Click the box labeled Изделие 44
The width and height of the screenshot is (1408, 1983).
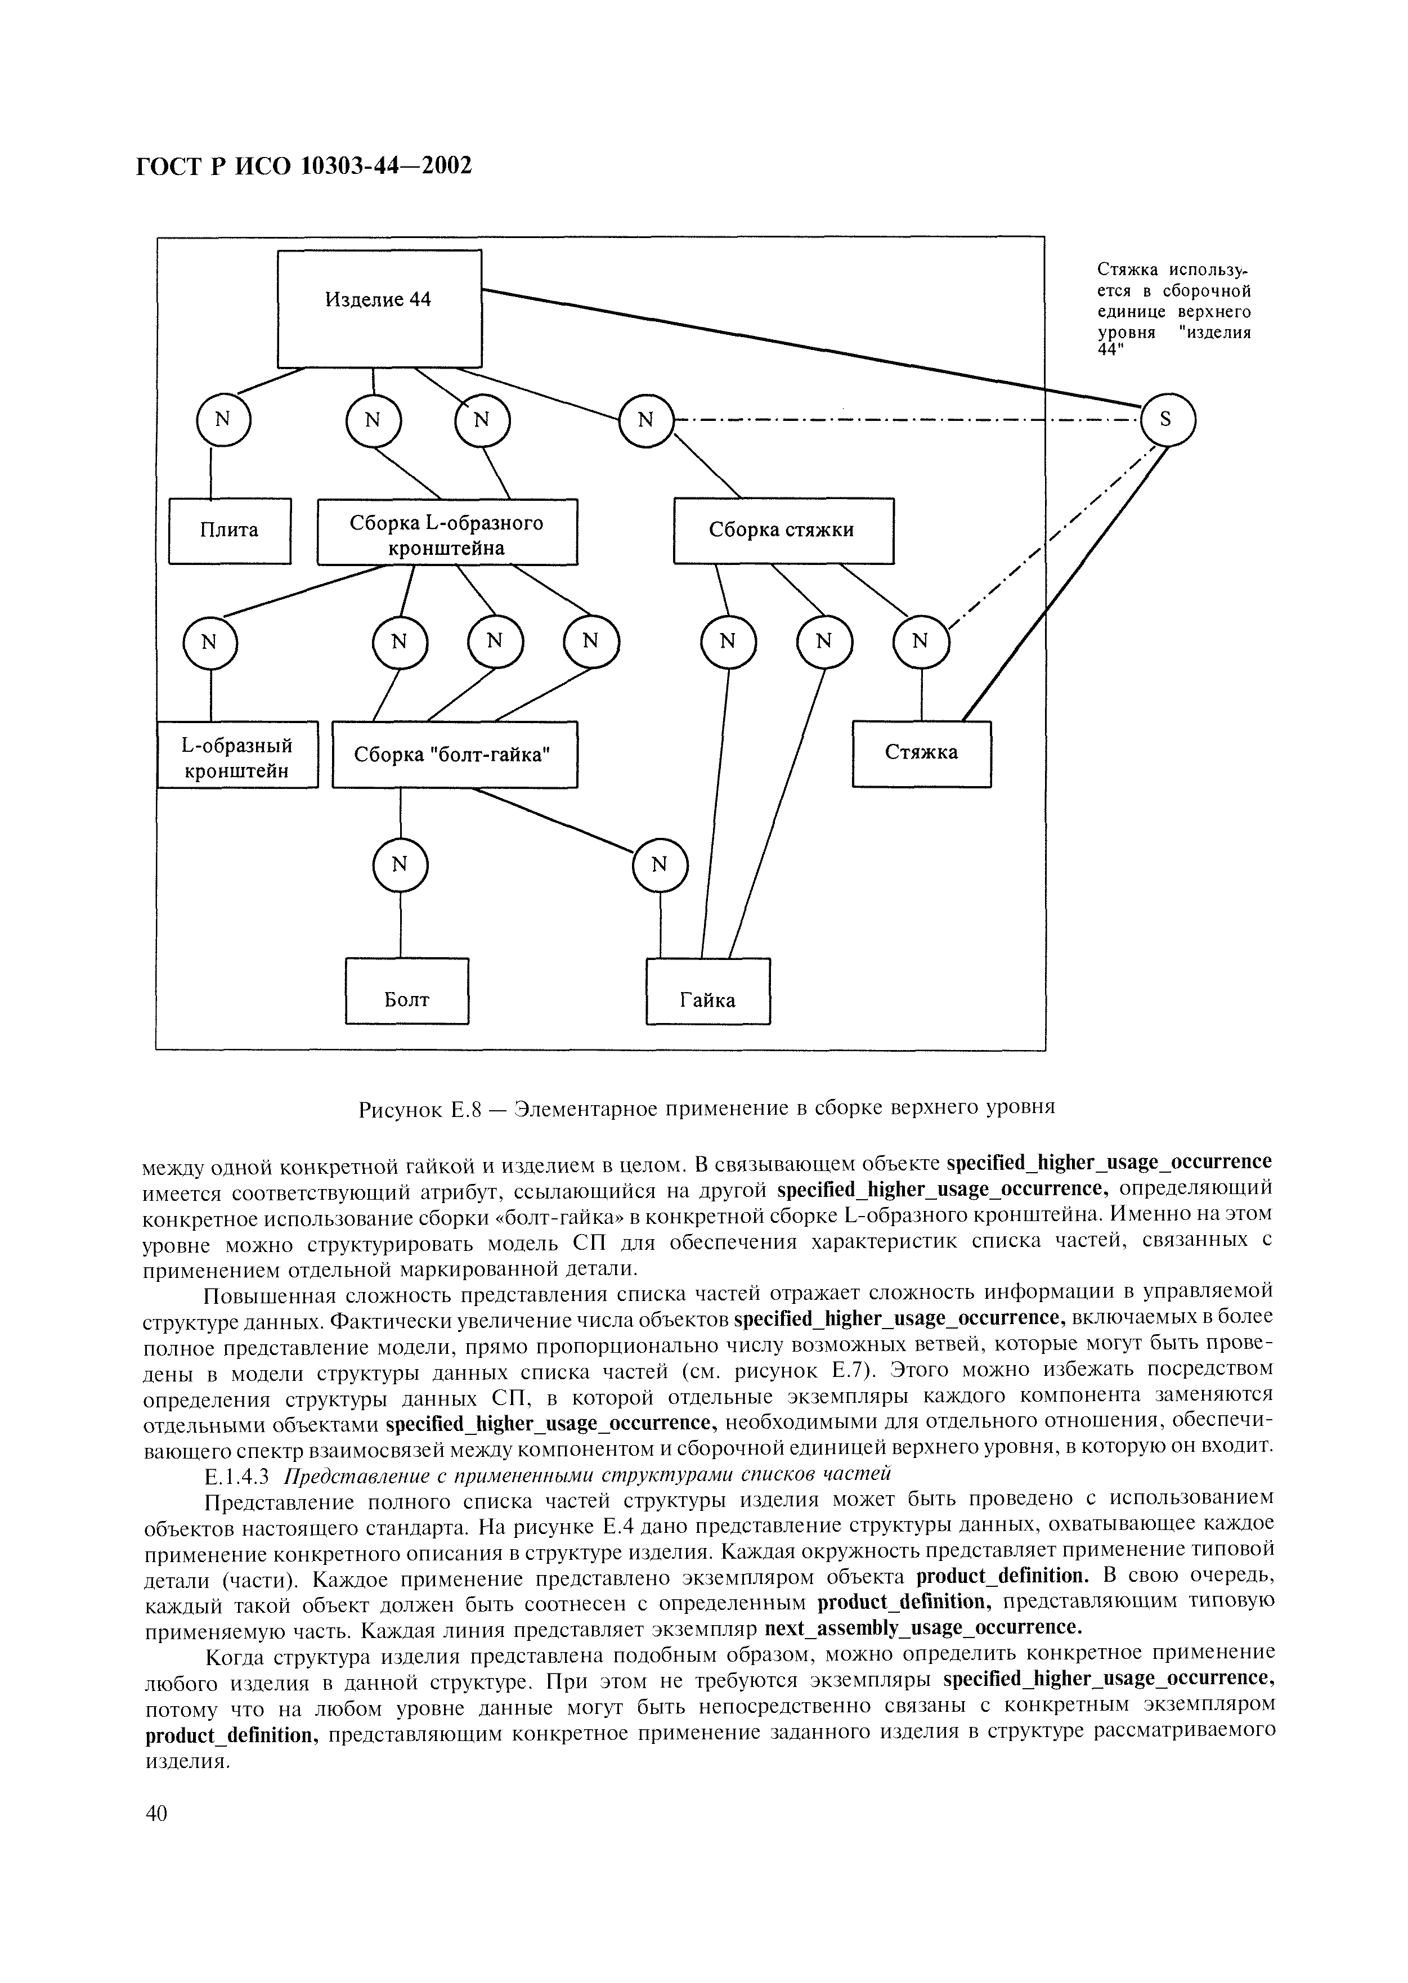click(x=379, y=308)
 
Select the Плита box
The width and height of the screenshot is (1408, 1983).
click(x=229, y=531)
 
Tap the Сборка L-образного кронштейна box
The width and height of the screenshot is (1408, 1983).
click(x=446, y=531)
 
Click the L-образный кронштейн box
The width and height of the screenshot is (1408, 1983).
click(x=237, y=754)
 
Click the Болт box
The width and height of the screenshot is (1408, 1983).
click(x=407, y=990)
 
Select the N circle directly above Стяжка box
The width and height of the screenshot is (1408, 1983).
click(x=921, y=642)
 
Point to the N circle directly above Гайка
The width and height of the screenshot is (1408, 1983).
click(x=660, y=865)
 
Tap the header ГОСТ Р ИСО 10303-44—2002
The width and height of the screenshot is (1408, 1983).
click(x=304, y=165)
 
